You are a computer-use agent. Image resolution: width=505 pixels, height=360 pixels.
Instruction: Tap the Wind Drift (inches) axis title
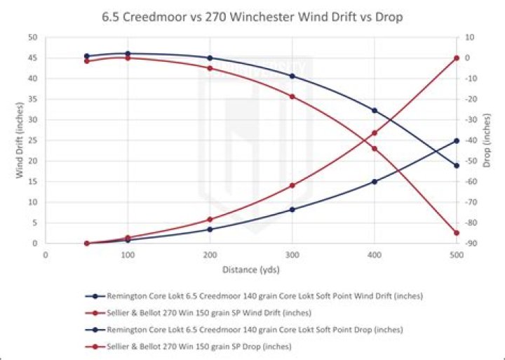click(x=20, y=140)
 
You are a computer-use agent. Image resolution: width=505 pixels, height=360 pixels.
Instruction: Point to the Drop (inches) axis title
click(x=487, y=140)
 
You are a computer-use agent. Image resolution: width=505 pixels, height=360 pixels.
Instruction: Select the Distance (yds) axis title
click(x=251, y=269)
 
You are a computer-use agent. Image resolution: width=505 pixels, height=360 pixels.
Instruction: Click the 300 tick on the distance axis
click(x=292, y=255)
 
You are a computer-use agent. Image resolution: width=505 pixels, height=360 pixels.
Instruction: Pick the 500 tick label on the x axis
click(x=457, y=255)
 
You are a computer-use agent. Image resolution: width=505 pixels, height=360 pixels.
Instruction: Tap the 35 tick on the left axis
click(x=34, y=99)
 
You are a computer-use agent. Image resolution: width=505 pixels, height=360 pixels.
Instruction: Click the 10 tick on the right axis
click(x=469, y=37)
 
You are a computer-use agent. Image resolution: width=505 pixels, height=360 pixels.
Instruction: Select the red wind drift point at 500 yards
click(x=457, y=58)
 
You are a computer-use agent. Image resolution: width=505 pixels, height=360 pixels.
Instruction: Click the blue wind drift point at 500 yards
click(x=457, y=141)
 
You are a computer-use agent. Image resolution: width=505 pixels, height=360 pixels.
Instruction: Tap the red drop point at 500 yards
click(x=457, y=233)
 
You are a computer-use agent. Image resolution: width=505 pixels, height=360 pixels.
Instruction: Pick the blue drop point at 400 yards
click(x=375, y=111)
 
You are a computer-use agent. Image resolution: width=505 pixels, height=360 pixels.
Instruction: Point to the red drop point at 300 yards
click(x=292, y=96)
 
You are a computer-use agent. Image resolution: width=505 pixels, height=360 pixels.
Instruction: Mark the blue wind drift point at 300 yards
click(x=292, y=210)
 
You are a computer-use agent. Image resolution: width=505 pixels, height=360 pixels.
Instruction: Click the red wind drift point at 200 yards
click(x=210, y=220)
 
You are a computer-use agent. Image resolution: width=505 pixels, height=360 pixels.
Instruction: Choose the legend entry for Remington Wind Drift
click(x=254, y=296)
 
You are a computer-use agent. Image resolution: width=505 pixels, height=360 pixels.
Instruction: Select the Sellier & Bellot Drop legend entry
click(x=189, y=347)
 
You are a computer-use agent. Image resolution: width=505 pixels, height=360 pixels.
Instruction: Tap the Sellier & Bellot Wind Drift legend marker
click(x=95, y=313)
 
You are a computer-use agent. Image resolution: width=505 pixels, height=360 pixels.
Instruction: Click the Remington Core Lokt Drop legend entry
click(x=244, y=330)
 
